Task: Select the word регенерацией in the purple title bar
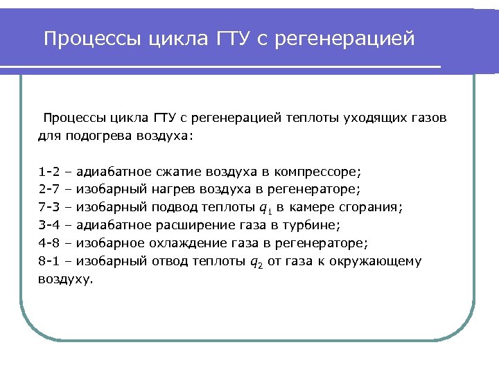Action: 344,39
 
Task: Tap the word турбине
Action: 317,224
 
